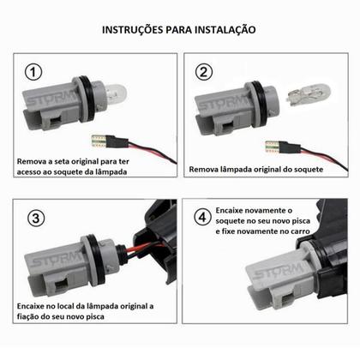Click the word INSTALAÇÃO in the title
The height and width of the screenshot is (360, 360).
225,29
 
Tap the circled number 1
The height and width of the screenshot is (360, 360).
33,72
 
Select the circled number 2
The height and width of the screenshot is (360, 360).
204,72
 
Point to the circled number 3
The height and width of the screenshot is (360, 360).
36,219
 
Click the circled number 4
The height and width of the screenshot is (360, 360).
202,217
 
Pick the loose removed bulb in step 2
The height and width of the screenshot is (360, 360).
309,94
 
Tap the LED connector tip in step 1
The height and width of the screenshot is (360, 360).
99,141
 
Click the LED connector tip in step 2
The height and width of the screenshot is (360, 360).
273,147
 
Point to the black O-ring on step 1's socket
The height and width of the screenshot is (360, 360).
87,99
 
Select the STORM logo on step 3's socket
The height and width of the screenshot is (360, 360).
57,259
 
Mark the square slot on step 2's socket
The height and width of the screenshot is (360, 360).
228,127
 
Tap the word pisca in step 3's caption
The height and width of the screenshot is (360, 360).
95,316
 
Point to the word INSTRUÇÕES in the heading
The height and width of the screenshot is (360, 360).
133,29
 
